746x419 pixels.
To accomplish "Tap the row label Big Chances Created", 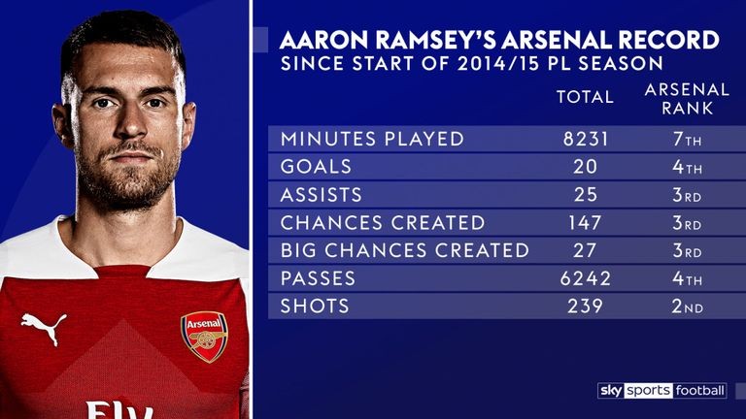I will (404, 250).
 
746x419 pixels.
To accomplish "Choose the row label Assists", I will (321, 195).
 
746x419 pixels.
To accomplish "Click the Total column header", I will (585, 97).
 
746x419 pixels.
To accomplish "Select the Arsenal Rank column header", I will (687, 98).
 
